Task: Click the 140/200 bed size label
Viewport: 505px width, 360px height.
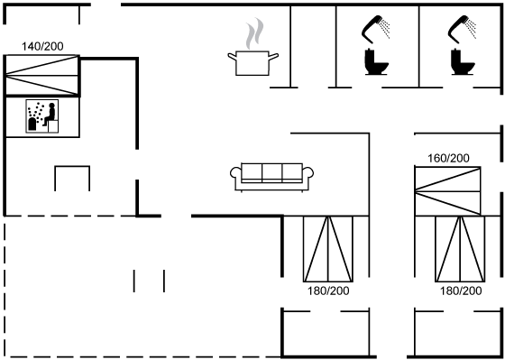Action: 42,46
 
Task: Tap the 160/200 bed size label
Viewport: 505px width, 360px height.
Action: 448,158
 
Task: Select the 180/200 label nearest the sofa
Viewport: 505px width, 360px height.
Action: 328,291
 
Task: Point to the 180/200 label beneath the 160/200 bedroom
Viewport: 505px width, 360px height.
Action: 461,291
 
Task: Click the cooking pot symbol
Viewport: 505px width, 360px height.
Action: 252,63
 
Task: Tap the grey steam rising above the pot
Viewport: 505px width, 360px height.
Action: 254,34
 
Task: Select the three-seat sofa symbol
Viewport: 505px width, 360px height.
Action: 271,177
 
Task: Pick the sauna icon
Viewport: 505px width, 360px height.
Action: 42,116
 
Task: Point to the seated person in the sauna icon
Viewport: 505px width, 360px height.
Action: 50,114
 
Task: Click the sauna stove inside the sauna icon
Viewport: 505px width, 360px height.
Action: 32,125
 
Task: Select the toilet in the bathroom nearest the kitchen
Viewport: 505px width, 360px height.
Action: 376,62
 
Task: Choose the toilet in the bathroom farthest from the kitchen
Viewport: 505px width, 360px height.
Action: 463,62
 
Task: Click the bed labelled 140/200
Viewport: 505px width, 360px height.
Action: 42,76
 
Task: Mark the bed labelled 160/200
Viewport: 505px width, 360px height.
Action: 447,191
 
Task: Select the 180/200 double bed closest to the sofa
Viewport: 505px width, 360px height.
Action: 328,249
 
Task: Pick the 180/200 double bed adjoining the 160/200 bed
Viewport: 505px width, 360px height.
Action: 460,249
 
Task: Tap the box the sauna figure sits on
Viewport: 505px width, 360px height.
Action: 53,126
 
